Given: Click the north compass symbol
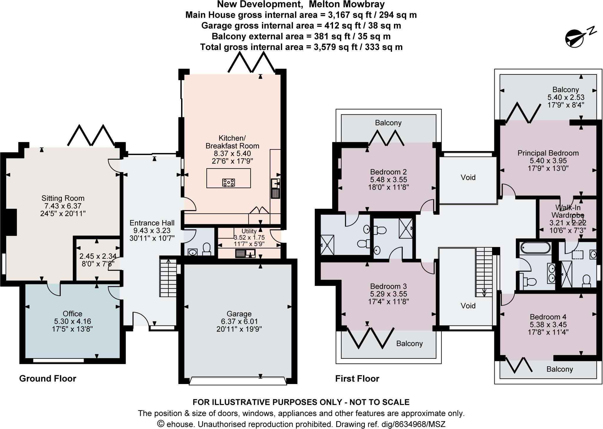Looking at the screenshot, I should [574, 38].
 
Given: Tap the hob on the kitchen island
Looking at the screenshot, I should [228, 182].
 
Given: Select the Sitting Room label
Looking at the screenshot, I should [63, 198].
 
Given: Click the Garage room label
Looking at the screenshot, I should [239, 314].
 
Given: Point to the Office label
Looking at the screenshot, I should [72, 313].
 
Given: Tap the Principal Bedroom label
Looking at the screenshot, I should [548, 153].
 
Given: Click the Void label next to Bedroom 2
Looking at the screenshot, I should [468, 177].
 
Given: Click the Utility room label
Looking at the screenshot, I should [249, 231].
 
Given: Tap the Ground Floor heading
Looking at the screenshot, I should [48, 378].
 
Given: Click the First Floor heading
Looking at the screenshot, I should [357, 378].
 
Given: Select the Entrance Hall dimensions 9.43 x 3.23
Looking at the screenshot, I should [152, 231].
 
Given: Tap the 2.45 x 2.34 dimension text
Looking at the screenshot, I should [98, 256].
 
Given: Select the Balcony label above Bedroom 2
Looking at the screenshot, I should [388, 123].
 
